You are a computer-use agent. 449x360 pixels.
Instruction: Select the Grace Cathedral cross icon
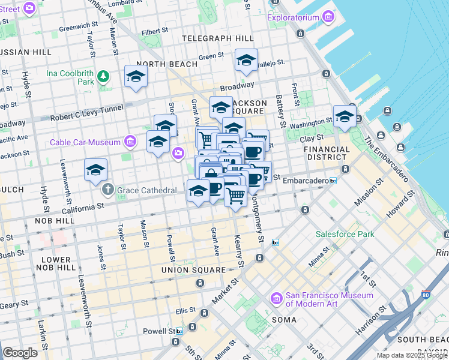(x=107, y=190)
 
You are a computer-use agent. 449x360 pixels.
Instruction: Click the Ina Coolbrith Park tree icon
(x=104, y=76)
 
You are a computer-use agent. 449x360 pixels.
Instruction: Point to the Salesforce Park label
(x=345, y=234)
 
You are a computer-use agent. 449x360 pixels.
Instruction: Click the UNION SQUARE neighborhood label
(x=188, y=270)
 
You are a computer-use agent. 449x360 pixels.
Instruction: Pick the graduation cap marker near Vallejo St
(x=246, y=61)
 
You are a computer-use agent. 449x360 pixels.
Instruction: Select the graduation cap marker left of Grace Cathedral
(x=95, y=170)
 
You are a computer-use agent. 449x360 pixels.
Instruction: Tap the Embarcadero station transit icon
(x=333, y=181)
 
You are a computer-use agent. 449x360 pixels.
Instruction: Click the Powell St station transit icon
(x=179, y=331)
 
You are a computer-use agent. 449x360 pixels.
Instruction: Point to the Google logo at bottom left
(x=20, y=353)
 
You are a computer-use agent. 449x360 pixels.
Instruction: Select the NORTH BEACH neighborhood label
(x=167, y=64)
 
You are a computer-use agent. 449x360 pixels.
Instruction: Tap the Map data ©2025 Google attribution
(x=411, y=355)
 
